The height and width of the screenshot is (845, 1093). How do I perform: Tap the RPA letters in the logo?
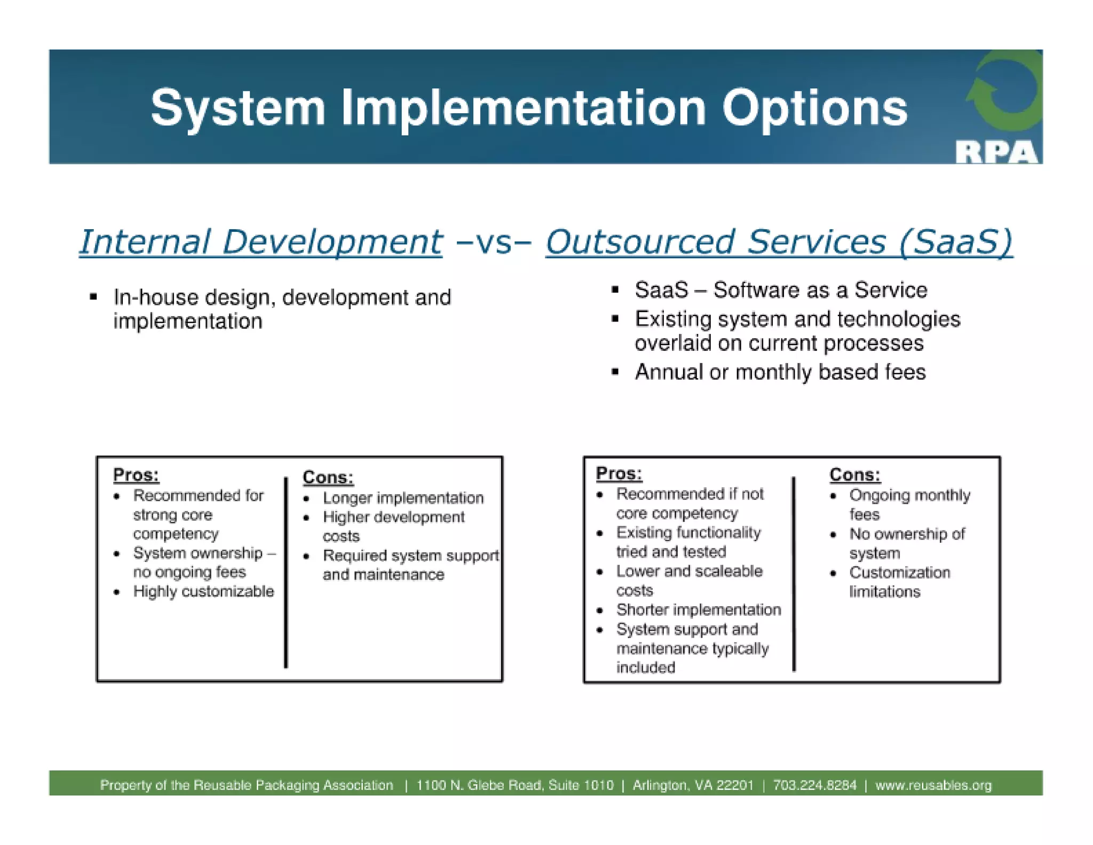(996, 152)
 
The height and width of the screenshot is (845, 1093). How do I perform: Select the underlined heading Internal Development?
(260, 242)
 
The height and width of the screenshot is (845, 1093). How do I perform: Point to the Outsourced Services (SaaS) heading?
(778, 242)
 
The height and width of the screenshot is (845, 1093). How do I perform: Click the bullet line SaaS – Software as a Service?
(780, 290)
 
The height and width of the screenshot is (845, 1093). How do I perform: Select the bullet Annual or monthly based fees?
(780, 372)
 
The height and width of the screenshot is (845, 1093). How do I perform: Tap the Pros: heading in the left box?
(136, 474)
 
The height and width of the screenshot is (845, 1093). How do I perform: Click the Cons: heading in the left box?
(328, 477)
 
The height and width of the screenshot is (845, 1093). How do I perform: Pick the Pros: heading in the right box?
(619, 473)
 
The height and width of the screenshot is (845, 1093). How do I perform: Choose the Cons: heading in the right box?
(854, 474)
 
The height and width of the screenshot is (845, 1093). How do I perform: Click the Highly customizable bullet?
(203, 591)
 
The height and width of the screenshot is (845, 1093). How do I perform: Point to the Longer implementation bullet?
(403, 498)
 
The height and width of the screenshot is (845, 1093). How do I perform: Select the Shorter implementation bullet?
(698, 609)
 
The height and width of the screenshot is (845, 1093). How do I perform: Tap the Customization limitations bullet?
(899, 582)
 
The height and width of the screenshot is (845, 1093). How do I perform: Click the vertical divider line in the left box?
(286, 572)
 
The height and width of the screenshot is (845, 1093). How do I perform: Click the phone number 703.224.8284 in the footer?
(814, 785)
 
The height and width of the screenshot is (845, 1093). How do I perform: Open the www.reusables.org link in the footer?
(933, 785)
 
